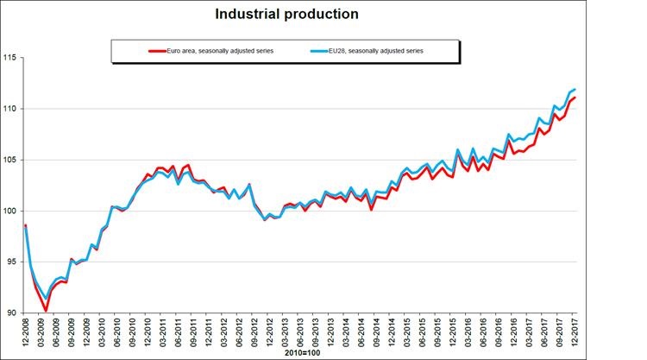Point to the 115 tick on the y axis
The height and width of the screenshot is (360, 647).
pyautogui.click(x=11, y=58)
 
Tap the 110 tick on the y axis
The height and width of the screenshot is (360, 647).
pyautogui.click(x=11, y=109)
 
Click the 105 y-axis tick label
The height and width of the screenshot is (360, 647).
pyautogui.click(x=11, y=160)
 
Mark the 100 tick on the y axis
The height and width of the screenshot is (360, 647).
pyautogui.click(x=11, y=211)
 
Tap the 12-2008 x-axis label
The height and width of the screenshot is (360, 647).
pyautogui.click(x=27, y=332)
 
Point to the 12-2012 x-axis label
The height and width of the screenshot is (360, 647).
pyautogui.click(x=270, y=332)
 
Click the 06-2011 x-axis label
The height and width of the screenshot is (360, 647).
pyautogui.click(x=179, y=332)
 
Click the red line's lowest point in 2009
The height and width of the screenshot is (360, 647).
pyautogui.click(x=46, y=311)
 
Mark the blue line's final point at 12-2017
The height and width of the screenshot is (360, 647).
pyautogui.click(x=575, y=90)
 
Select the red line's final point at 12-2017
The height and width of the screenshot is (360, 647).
pyautogui.click(x=575, y=98)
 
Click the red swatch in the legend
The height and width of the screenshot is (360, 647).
pyautogui.click(x=157, y=51)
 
